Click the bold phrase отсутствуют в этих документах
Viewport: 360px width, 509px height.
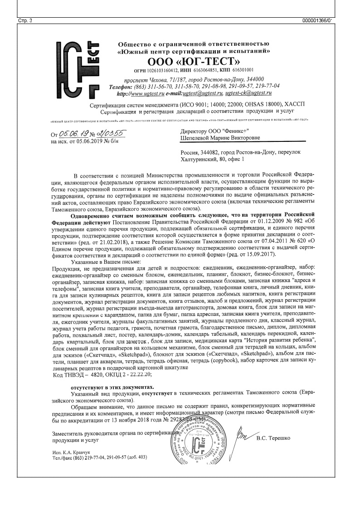coord(112,388)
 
